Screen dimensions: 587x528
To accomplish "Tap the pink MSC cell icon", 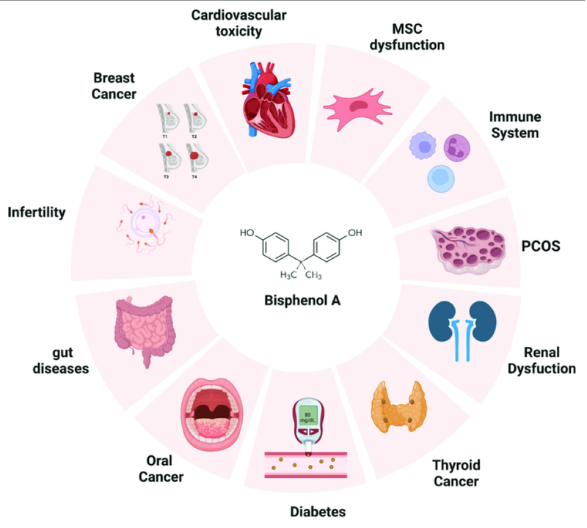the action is [357, 109].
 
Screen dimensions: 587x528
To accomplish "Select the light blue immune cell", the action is [441, 178].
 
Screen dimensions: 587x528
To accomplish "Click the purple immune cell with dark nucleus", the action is [456, 147].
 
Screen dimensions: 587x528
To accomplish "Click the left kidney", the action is [442, 321].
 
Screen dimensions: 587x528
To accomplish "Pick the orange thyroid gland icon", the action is [399, 407].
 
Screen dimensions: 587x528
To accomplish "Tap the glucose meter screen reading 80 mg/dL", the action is [307, 417].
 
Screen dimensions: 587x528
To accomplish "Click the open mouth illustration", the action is [212, 414].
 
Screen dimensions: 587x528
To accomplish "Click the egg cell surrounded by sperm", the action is [145, 224].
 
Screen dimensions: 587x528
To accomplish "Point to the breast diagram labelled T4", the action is [197, 161].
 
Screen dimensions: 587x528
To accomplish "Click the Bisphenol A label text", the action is [302, 301].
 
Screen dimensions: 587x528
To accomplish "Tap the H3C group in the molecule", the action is [288, 275].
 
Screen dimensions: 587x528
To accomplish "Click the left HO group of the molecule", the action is [247, 232].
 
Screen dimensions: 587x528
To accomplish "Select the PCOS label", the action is [541, 246].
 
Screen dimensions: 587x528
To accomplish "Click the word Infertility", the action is [37, 212].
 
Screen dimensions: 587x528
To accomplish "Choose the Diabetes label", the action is [318, 512].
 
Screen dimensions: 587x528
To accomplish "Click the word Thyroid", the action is [456, 465].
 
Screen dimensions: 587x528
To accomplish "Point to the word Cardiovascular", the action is [239, 15].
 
